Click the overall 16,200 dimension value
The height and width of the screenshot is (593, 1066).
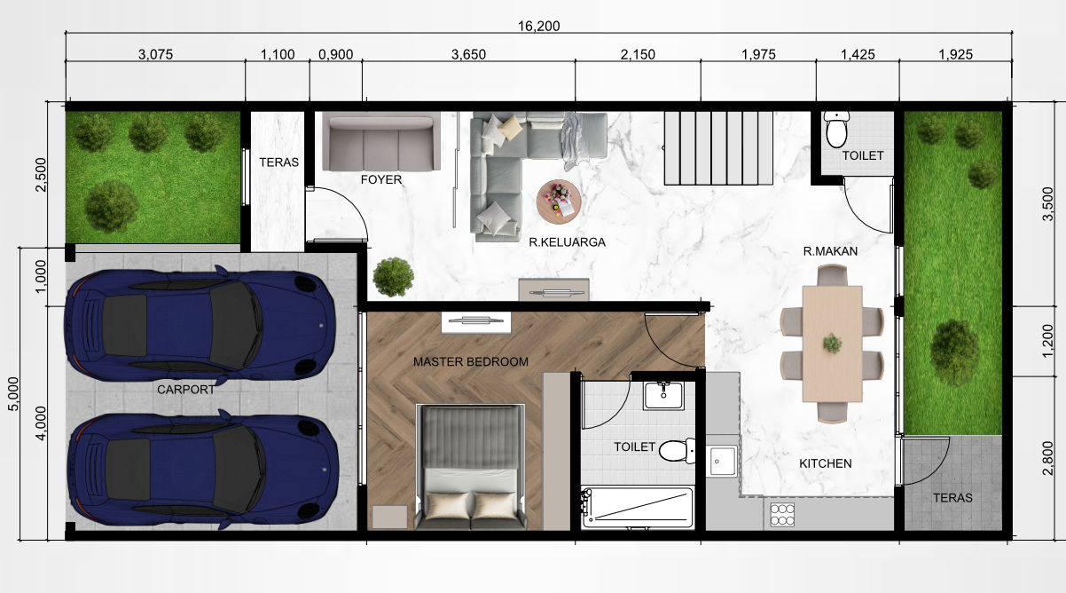(538, 27)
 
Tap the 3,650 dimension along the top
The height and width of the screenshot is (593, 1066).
(469, 55)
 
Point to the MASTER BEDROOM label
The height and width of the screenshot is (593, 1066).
(471, 362)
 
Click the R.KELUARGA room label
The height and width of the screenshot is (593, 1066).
(568, 242)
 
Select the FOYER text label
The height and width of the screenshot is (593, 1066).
(381, 179)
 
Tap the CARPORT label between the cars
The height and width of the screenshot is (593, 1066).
(186, 390)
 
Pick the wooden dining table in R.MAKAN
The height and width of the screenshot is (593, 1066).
(833, 344)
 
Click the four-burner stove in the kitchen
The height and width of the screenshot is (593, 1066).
(782, 515)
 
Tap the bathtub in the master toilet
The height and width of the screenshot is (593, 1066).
(638, 508)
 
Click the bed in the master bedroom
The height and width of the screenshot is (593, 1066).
(471, 467)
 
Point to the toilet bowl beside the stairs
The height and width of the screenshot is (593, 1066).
(836, 130)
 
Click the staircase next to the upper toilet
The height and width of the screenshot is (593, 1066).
(718, 148)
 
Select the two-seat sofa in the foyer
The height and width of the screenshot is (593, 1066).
(380, 141)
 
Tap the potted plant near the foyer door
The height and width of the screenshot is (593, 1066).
(393, 277)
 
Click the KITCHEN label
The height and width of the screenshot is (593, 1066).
(825, 463)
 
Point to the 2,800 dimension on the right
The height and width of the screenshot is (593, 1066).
(1047, 458)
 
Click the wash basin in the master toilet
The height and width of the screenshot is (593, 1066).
(664, 396)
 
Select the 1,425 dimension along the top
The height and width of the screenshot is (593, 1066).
(858, 55)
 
